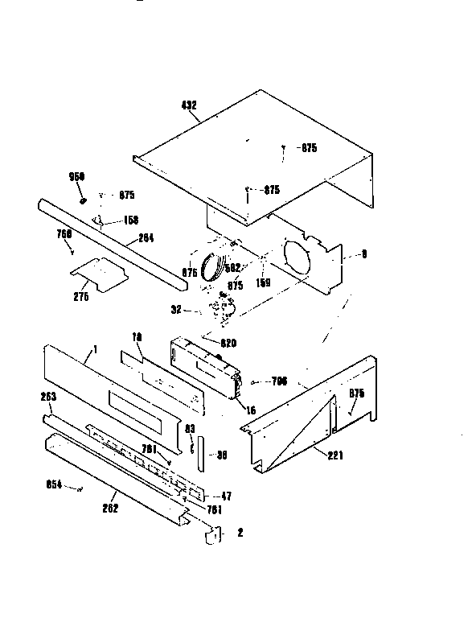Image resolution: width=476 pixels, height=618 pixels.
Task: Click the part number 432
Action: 190,105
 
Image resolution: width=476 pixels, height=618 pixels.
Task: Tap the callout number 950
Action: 77,176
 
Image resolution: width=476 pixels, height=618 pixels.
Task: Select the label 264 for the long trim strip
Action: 146,237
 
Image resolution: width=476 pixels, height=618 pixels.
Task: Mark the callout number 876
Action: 189,273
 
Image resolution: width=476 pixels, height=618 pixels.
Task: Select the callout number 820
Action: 228,343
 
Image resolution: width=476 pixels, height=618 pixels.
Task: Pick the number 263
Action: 47,396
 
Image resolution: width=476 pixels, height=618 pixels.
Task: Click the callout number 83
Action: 191,429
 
